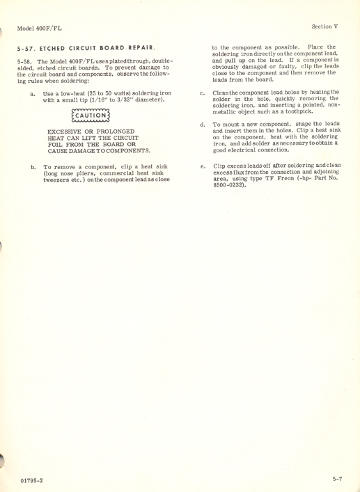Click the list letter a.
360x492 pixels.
(x=33, y=93)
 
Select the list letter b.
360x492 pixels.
(x=33, y=168)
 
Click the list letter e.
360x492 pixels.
(x=202, y=167)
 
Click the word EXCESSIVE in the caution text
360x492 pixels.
(x=65, y=132)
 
